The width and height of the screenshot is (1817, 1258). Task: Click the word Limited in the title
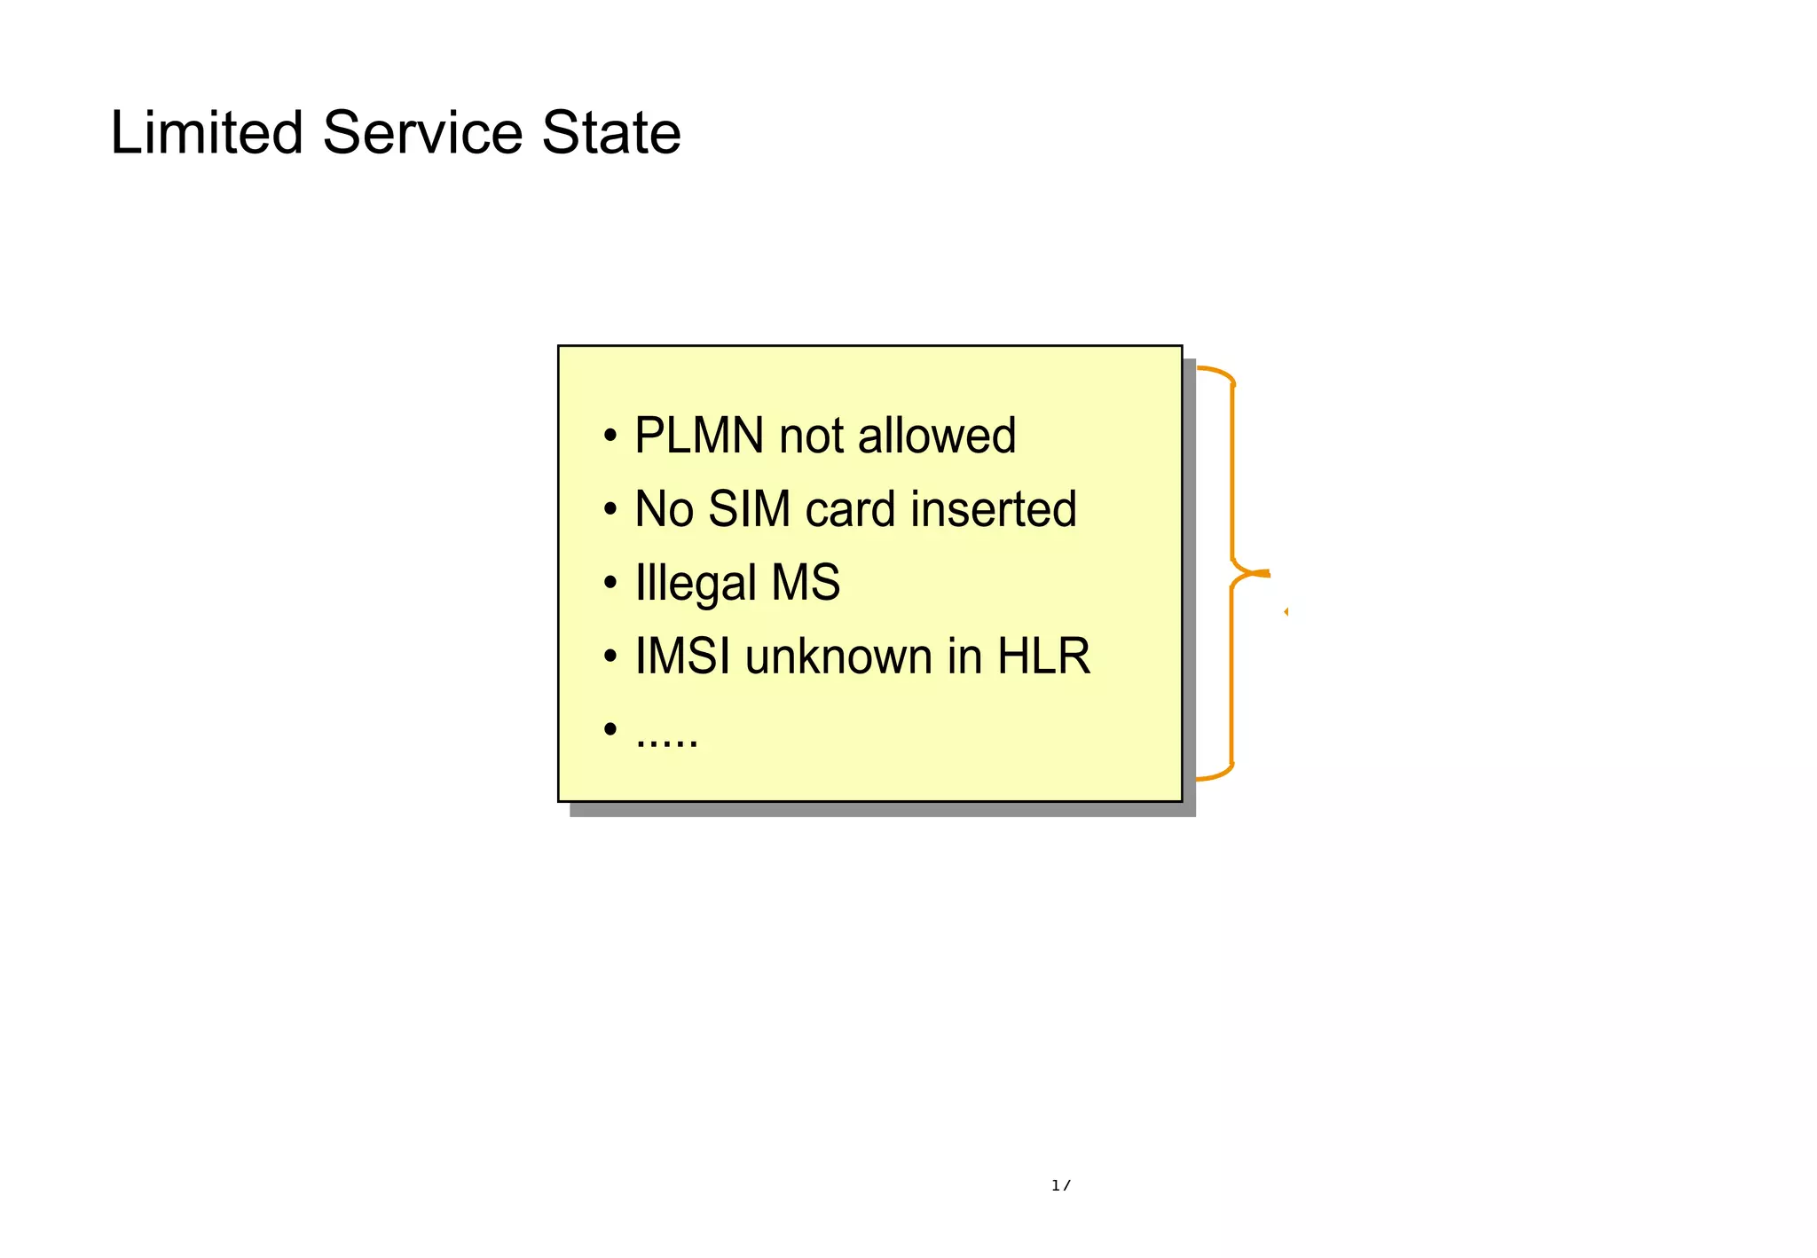coord(206,133)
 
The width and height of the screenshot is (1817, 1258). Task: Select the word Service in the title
coord(423,133)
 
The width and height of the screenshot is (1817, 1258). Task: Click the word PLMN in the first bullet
coord(699,436)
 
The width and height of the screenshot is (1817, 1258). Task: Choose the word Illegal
coord(696,584)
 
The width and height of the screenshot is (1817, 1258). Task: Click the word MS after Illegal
coord(806,583)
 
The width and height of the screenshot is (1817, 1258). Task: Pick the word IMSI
coord(683,657)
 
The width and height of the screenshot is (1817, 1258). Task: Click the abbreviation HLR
coord(1043,657)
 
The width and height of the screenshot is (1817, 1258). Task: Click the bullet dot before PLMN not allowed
coord(610,436)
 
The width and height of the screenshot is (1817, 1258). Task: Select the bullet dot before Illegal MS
coord(610,584)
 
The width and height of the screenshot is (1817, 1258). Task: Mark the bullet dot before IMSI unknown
coord(610,657)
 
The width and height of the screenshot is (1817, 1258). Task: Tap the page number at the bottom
coord(1060,1185)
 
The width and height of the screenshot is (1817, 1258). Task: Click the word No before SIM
coord(664,509)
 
